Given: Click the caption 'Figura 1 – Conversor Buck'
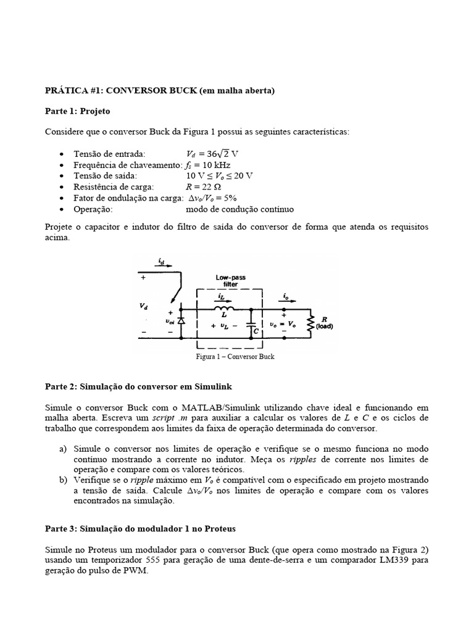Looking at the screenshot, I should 235,357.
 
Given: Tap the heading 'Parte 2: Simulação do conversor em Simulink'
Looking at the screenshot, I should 138,386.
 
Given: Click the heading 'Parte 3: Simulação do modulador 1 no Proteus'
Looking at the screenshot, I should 140,529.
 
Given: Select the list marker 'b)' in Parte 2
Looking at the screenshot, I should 64,480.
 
